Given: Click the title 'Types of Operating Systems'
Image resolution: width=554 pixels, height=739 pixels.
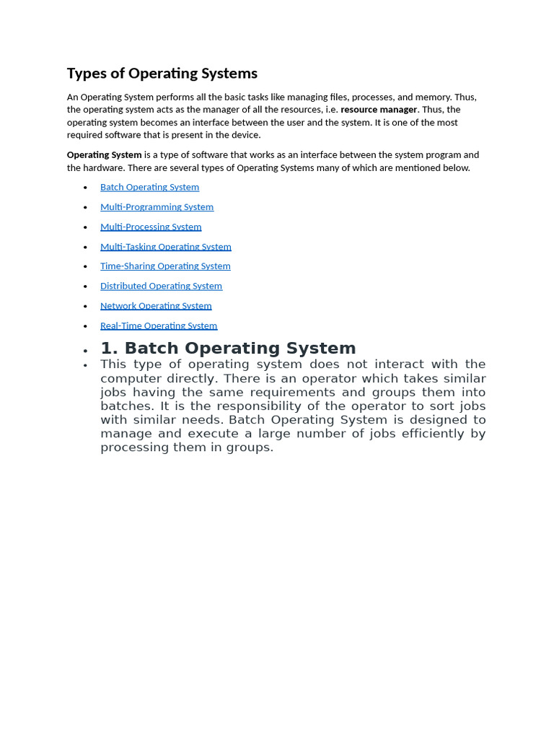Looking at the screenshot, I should [x=162, y=74].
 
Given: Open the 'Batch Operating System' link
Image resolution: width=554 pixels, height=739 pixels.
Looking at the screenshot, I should [x=149, y=187].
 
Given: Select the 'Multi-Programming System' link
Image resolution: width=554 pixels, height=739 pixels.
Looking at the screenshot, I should [x=157, y=207].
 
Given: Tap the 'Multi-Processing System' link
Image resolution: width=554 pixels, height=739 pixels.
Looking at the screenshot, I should [x=151, y=227].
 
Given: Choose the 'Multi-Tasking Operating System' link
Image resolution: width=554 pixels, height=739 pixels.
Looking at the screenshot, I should [x=165, y=247].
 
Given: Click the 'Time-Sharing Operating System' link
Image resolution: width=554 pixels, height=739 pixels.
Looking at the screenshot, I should [x=165, y=266].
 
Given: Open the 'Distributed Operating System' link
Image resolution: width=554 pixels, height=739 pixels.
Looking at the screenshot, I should [x=161, y=286].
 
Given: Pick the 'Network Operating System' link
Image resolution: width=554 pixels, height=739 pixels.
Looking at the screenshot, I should [x=156, y=306].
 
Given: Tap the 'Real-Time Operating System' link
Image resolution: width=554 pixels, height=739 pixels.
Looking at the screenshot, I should [x=159, y=325].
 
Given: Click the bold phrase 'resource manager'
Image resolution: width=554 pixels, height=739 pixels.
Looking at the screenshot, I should [x=379, y=110].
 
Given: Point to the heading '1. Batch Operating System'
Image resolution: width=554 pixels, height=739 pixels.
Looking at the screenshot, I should [x=228, y=349].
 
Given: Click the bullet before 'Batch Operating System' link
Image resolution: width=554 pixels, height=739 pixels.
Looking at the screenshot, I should [x=85, y=188].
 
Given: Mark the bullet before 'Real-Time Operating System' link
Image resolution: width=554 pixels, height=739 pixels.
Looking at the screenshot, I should [x=85, y=326].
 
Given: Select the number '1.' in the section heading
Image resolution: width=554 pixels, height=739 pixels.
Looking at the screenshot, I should [x=109, y=349].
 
